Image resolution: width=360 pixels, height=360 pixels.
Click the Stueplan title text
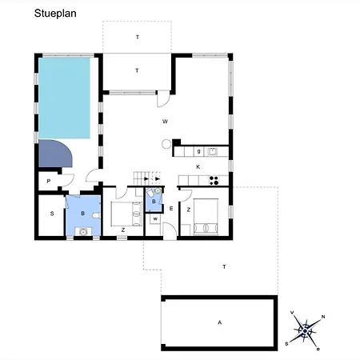click(55, 14)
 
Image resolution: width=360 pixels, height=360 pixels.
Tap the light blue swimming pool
click(64, 98)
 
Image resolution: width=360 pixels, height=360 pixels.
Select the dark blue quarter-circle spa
click(54, 153)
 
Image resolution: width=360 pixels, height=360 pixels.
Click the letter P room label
click(49, 182)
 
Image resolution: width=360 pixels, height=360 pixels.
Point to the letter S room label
click(52, 214)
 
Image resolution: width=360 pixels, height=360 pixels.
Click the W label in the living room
click(165, 122)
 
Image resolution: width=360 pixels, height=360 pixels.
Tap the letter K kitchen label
click(198, 167)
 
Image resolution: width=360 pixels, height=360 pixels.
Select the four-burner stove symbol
click(214, 181)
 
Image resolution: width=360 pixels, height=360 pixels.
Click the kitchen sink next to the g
click(213, 152)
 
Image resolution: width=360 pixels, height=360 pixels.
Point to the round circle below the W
click(166, 144)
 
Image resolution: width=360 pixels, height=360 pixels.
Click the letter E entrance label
click(171, 209)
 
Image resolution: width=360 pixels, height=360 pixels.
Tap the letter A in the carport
click(219, 322)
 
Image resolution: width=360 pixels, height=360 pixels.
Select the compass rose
click(306, 330)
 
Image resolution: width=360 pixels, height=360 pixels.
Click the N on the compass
click(323, 317)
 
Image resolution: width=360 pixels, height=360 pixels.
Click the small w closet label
click(155, 219)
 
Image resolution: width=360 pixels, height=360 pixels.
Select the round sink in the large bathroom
click(83, 232)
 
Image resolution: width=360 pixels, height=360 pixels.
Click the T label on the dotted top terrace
click(138, 38)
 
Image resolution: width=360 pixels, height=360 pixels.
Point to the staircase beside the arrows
click(138, 178)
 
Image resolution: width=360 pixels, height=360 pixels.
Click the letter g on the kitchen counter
click(198, 151)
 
